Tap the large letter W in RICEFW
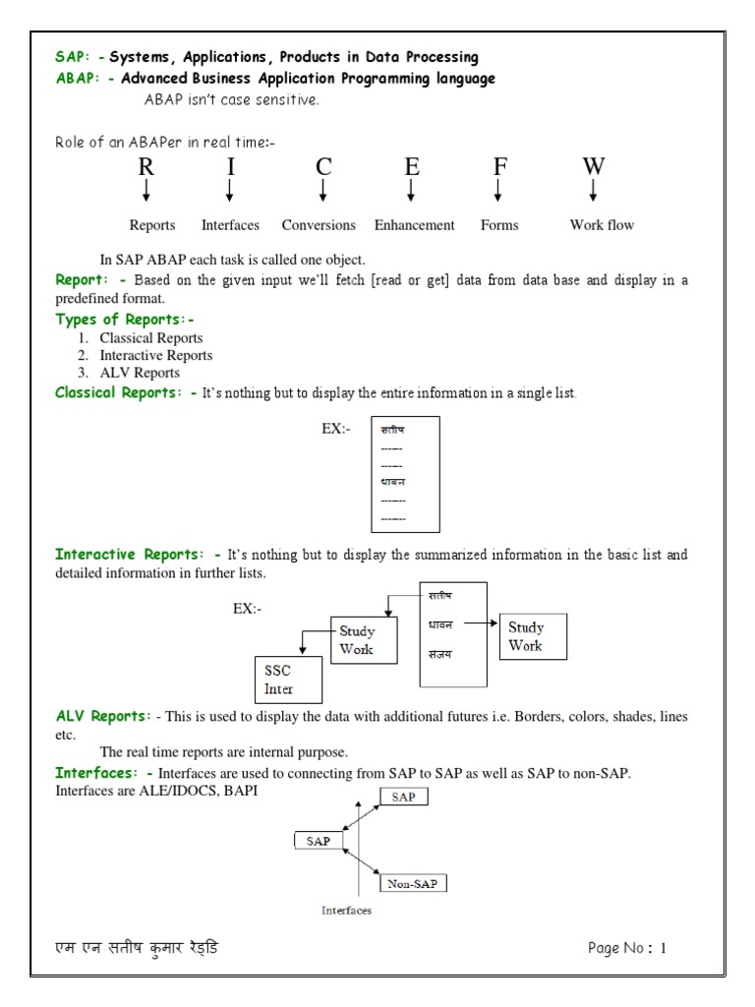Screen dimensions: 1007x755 (x=593, y=166)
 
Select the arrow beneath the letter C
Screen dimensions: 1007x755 (x=323, y=190)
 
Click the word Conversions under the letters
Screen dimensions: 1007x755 (x=319, y=225)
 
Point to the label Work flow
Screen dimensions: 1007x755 (x=602, y=225)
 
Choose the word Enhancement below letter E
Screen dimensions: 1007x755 (x=414, y=225)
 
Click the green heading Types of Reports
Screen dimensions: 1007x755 (x=125, y=319)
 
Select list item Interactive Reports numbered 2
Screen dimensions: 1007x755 (x=155, y=355)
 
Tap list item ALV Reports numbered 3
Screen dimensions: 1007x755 (x=140, y=373)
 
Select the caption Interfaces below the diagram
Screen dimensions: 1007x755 (x=346, y=911)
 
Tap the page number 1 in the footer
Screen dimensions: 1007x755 (x=664, y=949)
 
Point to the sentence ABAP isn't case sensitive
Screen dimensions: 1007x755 (x=231, y=99)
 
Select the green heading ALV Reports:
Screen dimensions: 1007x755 (x=103, y=716)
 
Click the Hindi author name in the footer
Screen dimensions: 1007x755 (x=137, y=949)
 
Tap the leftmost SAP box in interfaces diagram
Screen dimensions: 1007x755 (x=319, y=841)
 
